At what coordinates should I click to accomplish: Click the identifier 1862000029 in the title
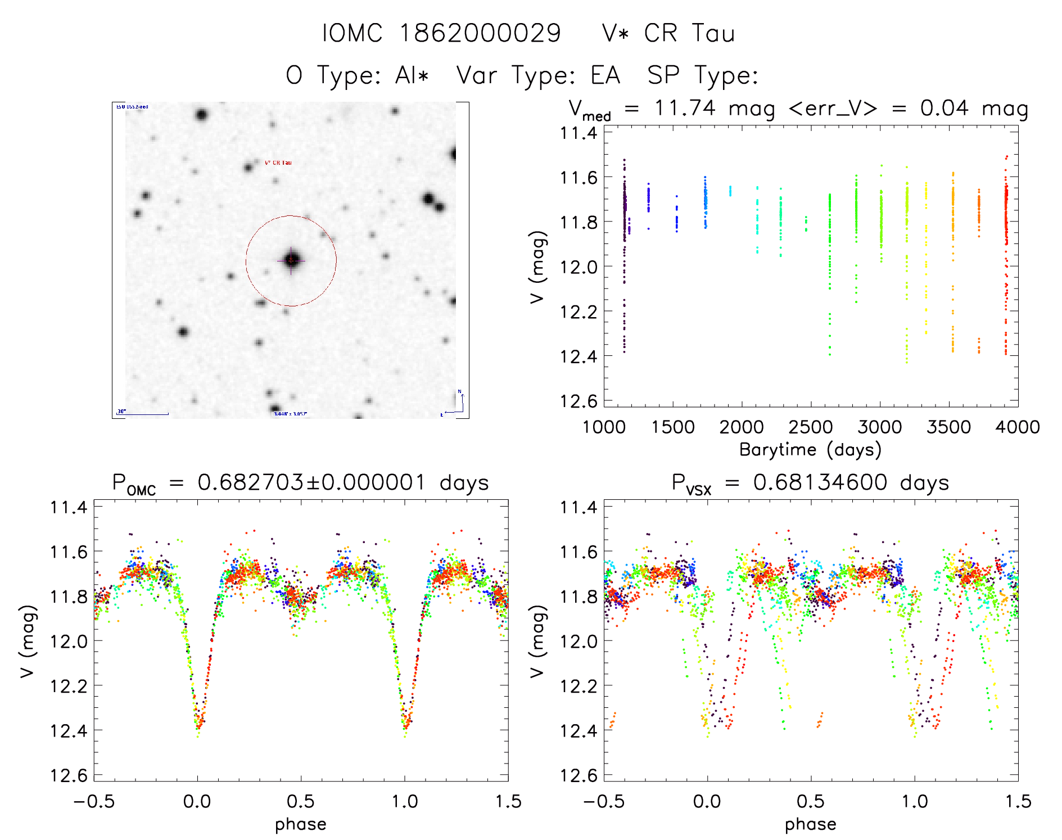click(480, 33)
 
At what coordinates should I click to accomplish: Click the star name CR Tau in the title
click(689, 33)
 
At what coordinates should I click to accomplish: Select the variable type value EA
click(605, 75)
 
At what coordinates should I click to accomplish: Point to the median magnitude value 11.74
click(685, 108)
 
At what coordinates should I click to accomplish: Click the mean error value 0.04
click(944, 108)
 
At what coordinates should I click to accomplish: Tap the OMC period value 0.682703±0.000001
click(311, 482)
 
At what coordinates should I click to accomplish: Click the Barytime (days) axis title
click(810, 450)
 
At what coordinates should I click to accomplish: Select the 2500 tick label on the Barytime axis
click(811, 427)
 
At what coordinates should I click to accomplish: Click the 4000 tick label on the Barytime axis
click(1018, 427)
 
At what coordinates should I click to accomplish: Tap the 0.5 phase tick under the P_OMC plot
click(301, 801)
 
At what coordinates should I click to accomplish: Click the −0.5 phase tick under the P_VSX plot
click(604, 801)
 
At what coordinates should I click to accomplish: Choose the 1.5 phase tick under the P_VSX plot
click(1018, 801)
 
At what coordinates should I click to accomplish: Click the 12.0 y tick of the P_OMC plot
click(69, 641)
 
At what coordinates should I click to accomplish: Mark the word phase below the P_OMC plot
click(301, 824)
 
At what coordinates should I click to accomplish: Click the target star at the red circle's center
click(291, 260)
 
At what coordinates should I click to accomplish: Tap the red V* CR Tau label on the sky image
click(278, 162)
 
